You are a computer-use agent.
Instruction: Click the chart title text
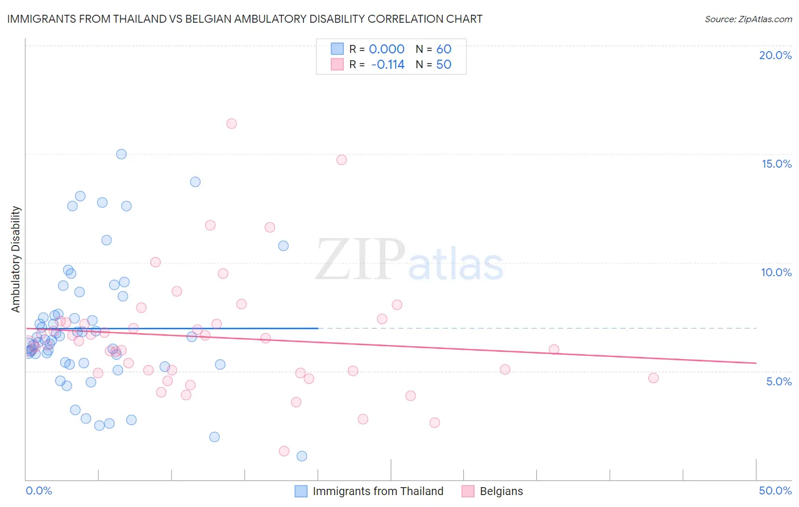tap(244, 19)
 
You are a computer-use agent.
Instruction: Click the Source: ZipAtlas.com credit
tap(748, 19)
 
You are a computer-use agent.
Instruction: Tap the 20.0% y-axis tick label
tap(775, 55)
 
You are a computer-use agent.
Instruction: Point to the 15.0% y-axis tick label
tap(776, 164)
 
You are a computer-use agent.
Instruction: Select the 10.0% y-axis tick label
tap(776, 272)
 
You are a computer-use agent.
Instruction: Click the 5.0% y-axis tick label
tap(778, 381)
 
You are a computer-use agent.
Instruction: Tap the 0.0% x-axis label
tap(39, 491)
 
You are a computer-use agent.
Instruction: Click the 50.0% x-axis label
tap(775, 491)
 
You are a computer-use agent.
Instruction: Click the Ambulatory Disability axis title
tap(16, 259)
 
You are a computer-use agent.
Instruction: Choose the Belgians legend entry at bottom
tap(501, 491)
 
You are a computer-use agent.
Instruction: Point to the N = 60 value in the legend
tap(433, 49)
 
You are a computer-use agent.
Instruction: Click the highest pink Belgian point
tap(231, 123)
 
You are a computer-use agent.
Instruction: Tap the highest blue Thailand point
tap(121, 154)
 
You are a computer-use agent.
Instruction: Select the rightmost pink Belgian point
tap(654, 378)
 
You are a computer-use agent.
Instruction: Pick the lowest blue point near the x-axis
tap(302, 456)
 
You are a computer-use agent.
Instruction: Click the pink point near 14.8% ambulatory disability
tap(342, 160)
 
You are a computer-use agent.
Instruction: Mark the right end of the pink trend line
tap(756, 363)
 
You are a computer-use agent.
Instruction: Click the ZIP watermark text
tap(360, 260)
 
